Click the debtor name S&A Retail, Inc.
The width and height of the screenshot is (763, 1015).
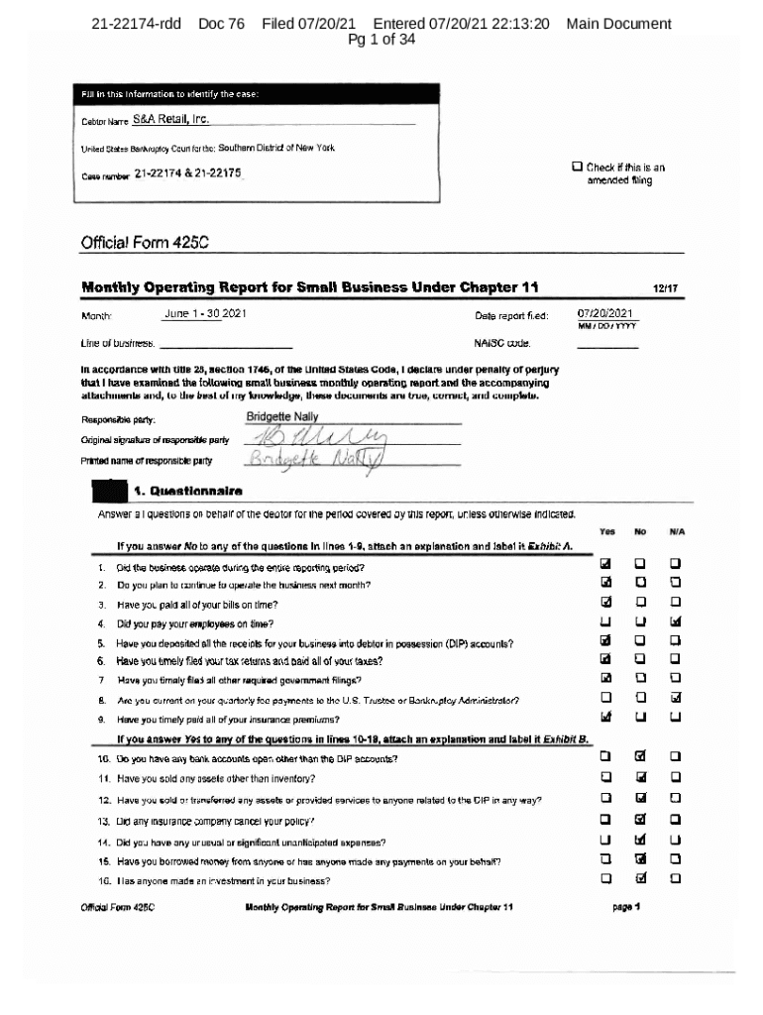pos(170,120)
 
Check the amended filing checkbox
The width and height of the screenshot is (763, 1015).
pos(577,167)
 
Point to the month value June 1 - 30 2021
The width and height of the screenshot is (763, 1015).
pos(205,314)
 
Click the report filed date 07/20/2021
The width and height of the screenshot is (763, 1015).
pos(607,314)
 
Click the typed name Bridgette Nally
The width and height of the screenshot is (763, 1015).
pos(281,417)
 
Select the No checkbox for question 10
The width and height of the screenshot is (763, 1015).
pos(641,758)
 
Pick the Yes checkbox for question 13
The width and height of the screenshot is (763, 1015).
pos(605,820)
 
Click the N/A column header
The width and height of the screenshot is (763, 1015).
pos(677,531)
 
